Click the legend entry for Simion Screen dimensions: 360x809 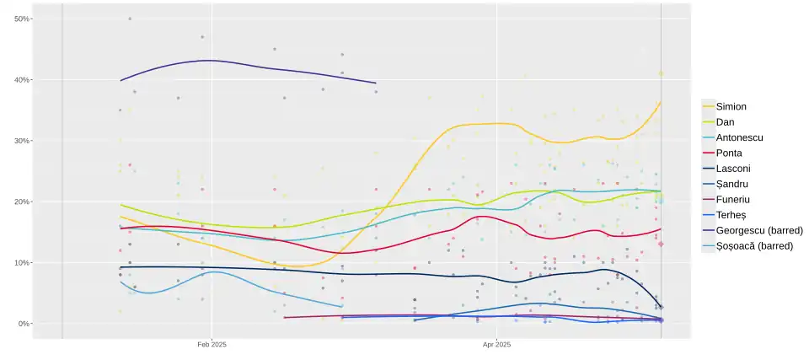(x=731, y=106)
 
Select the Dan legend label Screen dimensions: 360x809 (x=726, y=122)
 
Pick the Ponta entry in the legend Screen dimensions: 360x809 (x=729, y=153)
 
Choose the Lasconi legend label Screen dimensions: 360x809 (x=732, y=169)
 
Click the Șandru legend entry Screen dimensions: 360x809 (x=731, y=184)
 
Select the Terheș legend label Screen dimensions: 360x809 (x=731, y=215)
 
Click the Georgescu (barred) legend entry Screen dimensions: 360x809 (x=753, y=230)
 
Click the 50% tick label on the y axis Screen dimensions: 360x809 (x=22, y=19)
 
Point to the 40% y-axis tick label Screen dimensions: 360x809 (x=22, y=80)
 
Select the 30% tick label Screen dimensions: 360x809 (x=22, y=141)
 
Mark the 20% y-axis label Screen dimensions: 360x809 (x=22, y=202)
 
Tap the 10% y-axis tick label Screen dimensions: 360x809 (x=22, y=263)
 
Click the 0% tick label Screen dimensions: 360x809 (x=24, y=324)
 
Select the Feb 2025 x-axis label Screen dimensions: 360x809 (x=212, y=344)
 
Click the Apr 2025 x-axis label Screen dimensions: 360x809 (x=497, y=344)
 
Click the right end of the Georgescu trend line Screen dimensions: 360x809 (x=376, y=83)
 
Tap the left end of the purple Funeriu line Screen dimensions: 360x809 (x=285, y=318)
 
